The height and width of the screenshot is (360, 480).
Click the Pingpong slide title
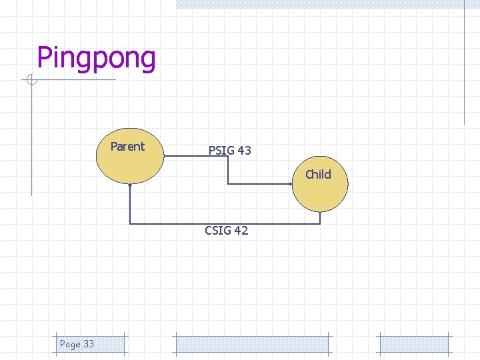point(96,58)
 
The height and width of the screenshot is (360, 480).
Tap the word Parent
point(127,147)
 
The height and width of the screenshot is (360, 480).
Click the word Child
point(318,175)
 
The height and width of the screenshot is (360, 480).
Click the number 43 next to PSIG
point(244,151)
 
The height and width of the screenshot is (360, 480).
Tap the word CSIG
point(218,231)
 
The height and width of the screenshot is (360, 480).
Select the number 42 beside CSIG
point(241,231)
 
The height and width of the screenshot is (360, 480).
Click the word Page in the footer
point(69,344)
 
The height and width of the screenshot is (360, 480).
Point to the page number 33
point(88,344)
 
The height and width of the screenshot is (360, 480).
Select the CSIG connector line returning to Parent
point(227,223)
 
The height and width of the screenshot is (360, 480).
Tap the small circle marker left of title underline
point(31,81)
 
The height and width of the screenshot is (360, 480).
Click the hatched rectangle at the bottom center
point(252,344)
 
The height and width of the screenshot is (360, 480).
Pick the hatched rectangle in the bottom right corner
point(414,344)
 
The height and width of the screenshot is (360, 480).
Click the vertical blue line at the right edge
point(464,63)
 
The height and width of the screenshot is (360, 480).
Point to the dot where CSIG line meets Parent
point(130,185)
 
